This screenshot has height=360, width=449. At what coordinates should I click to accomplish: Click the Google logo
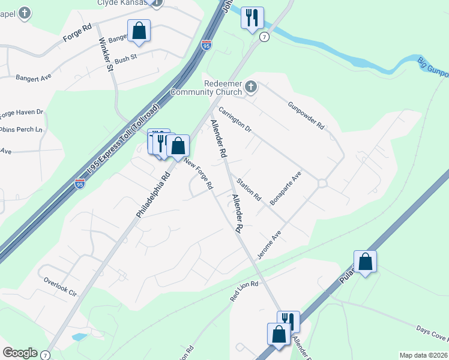click(x=20, y=353)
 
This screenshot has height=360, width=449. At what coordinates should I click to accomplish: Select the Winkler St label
click(x=106, y=55)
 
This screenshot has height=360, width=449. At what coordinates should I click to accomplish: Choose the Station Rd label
click(x=249, y=189)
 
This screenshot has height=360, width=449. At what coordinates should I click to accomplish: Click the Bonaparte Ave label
click(x=285, y=188)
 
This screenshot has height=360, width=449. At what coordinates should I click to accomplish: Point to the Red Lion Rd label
click(x=244, y=292)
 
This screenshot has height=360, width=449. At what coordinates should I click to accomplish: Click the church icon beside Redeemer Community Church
click(x=251, y=88)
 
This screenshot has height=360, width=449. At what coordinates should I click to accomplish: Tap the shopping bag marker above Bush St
click(x=139, y=31)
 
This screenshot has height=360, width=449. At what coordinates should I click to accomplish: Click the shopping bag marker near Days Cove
click(x=365, y=262)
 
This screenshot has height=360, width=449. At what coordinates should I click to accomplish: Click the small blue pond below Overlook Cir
click(x=79, y=337)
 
